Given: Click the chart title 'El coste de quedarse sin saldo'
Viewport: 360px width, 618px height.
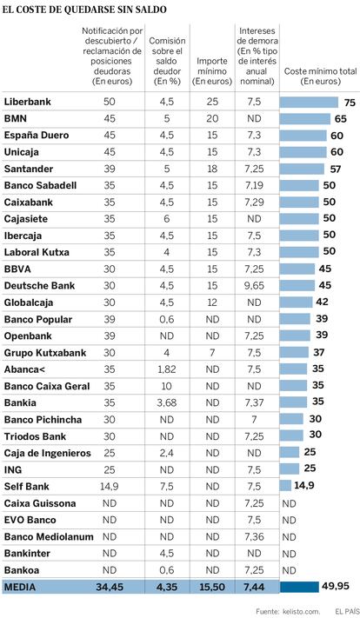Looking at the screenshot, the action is [84, 10].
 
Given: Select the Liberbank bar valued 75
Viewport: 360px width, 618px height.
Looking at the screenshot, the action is [310, 102].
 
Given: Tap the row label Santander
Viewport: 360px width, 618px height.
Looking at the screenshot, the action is [29, 169].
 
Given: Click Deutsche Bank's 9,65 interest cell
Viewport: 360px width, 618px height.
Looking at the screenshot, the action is [254, 286].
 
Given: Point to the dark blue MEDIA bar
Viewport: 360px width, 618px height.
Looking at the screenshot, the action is [299, 587].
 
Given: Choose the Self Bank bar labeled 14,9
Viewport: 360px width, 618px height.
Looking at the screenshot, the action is [285, 486].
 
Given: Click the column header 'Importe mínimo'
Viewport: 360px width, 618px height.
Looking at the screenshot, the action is [212, 71].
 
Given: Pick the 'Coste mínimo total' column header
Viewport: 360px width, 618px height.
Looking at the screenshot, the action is [321, 76].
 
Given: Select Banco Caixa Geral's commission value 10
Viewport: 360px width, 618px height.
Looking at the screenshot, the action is [166, 386].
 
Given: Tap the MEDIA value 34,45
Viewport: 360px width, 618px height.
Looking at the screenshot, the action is [110, 587].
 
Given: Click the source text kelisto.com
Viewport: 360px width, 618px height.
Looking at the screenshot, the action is [301, 611].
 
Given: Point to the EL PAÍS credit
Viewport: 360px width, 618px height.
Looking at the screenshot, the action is [346, 611].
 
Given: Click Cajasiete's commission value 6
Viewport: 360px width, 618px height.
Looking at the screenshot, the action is [166, 219].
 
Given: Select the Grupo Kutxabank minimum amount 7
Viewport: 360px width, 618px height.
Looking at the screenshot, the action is [212, 353].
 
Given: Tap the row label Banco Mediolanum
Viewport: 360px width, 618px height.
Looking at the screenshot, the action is [49, 537].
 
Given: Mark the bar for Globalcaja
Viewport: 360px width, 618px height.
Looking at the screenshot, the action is [297, 302].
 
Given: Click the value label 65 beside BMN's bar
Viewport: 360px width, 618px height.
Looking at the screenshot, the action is [341, 119].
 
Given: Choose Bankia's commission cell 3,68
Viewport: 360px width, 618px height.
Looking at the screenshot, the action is [166, 402].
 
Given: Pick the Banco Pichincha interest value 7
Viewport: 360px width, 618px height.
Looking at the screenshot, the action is [254, 420].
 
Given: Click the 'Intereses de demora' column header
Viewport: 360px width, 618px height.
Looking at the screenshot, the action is [257, 56].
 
